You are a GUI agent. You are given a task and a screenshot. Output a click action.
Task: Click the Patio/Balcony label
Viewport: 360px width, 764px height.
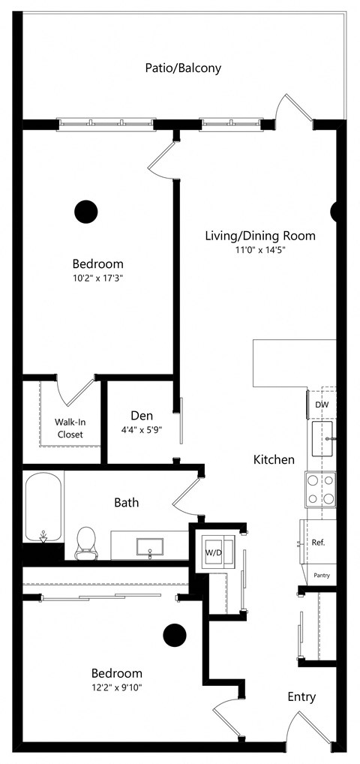click(x=183, y=68)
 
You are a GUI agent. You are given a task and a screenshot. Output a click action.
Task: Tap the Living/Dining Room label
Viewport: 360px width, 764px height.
click(x=259, y=236)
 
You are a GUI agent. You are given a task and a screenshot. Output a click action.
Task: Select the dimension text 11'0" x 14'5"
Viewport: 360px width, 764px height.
click(x=259, y=250)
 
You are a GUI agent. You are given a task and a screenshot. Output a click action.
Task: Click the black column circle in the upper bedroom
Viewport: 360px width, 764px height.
click(x=87, y=212)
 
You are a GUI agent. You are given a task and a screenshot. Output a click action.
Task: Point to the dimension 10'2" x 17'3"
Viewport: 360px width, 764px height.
click(x=97, y=278)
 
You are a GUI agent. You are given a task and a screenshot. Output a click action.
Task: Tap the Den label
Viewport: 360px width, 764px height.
click(x=142, y=415)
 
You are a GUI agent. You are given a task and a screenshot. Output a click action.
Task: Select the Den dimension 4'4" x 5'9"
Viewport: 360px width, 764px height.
click(x=142, y=429)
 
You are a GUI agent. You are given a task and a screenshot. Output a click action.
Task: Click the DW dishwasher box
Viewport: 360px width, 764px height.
click(x=321, y=405)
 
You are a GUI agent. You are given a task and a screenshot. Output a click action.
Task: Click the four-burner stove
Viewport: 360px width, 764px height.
click(x=320, y=489)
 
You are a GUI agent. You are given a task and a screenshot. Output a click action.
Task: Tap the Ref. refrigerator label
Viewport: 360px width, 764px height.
click(x=318, y=542)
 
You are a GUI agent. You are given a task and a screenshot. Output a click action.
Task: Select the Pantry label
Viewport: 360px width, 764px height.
click(x=321, y=576)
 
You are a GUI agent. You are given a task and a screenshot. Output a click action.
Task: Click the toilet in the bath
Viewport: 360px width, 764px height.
click(x=86, y=542)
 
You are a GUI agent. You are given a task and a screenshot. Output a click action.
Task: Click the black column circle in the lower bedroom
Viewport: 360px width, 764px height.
click(x=175, y=636)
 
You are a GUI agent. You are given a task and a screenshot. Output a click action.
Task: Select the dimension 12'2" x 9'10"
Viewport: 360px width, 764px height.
click(x=116, y=687)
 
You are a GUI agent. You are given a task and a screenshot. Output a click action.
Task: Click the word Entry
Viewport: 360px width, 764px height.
click(x=301, y=697)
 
